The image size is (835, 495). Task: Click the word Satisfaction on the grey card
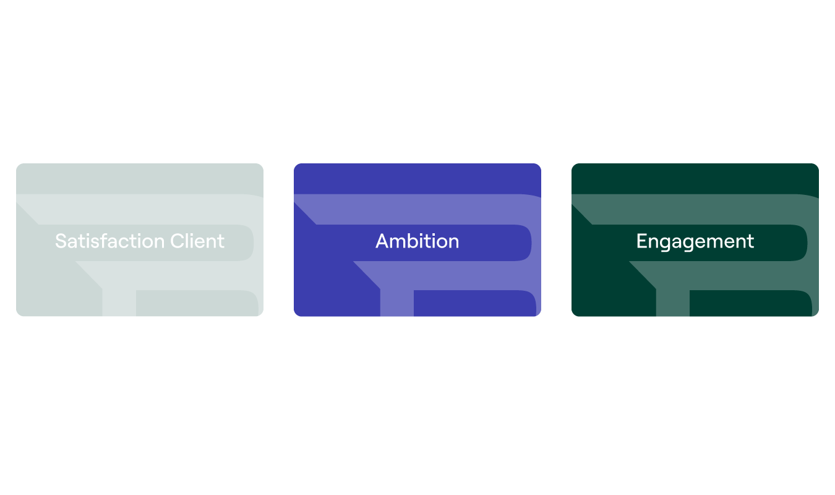coord(109,241)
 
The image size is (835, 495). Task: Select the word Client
coord(197,241)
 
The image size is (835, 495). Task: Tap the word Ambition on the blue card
coord(417,241)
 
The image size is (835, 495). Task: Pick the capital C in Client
coord(177,241)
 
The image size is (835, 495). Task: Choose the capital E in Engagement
coord(642,241)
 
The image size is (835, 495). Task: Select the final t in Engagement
coord(750,242)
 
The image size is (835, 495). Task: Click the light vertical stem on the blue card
coord(397,303)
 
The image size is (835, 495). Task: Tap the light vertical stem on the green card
coord(673,303)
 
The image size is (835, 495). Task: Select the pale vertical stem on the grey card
coord(119,303)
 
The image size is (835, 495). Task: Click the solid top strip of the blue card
coord(417,179)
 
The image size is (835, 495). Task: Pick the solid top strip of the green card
coord(695,179)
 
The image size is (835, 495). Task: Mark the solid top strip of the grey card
coord(140,179)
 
